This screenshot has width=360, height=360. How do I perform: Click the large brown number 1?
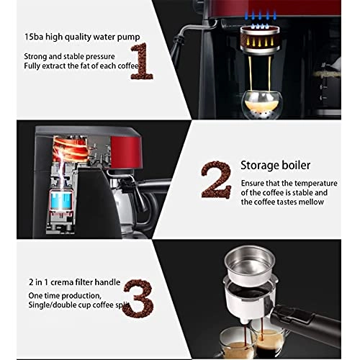(x=143, y=62)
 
